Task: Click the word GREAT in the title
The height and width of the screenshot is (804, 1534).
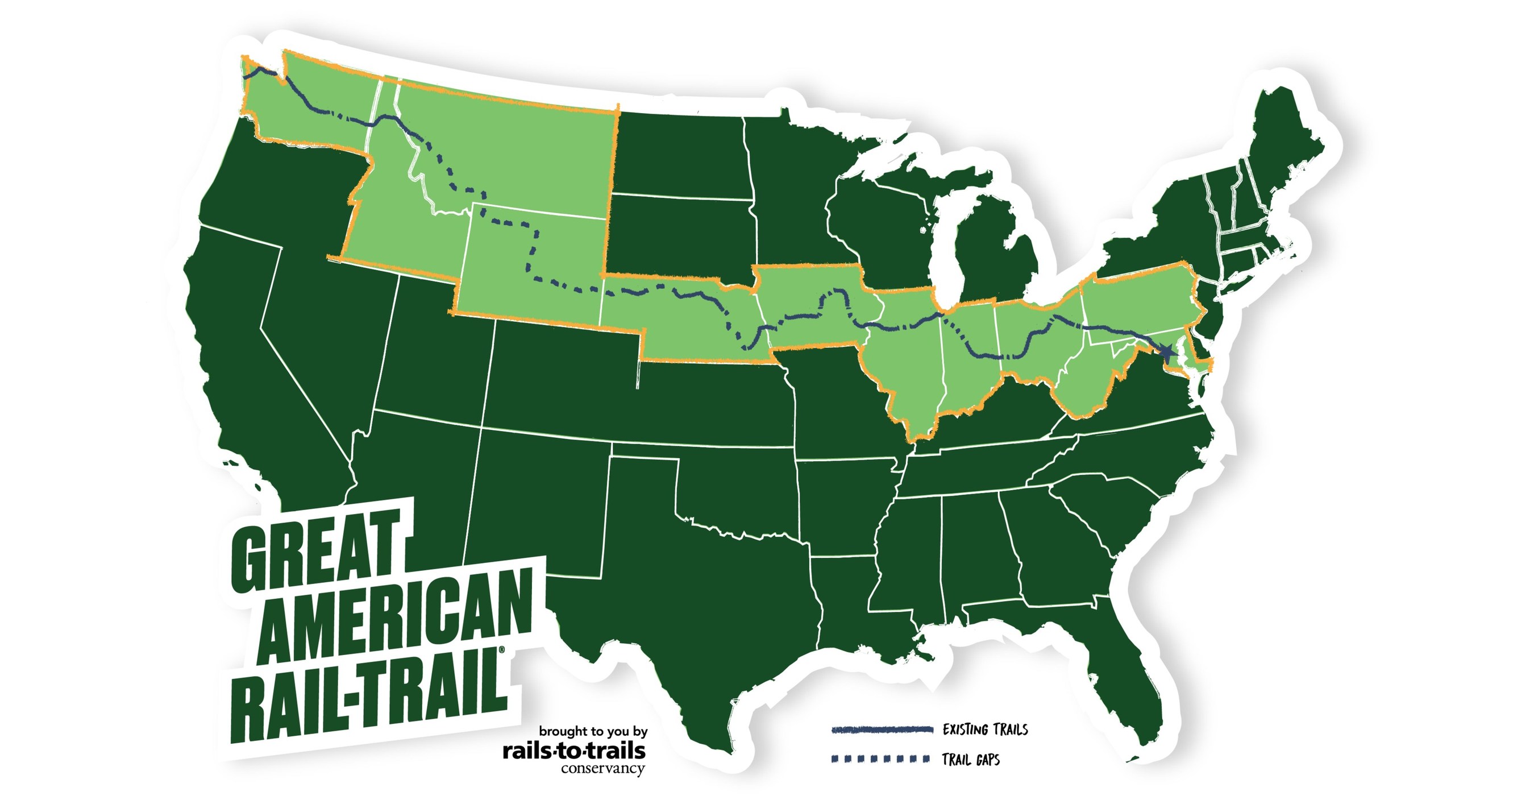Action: coord(315,551)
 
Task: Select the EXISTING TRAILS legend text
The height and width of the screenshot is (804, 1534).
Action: coord(985,730)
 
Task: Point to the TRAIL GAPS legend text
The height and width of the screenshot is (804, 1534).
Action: coord(971,759)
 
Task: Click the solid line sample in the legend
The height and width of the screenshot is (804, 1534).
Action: coord(882,730)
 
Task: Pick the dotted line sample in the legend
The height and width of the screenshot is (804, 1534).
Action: coord(881,759)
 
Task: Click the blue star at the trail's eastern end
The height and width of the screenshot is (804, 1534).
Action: coord(1166,353)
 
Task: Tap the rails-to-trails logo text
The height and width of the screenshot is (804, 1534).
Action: coord(574,751)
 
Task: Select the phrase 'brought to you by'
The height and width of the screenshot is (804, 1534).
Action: coord(593,731)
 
